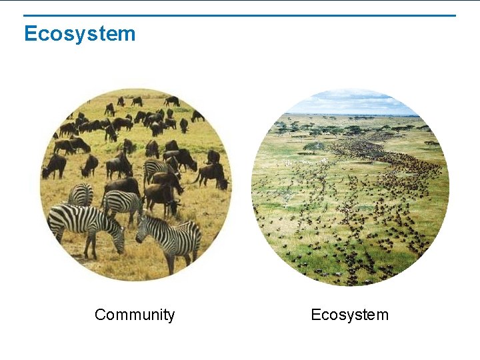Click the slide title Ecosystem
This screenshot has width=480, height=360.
click(79, 33)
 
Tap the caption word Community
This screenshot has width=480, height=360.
click(135, 315)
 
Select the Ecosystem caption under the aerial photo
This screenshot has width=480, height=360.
click(349, 315)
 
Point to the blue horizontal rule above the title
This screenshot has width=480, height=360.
click(240, 15)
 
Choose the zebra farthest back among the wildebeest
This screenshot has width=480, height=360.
click(157, 171)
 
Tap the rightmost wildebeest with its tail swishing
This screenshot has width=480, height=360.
click(212, 175)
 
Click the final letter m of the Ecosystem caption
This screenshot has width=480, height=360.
click(382, 315)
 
